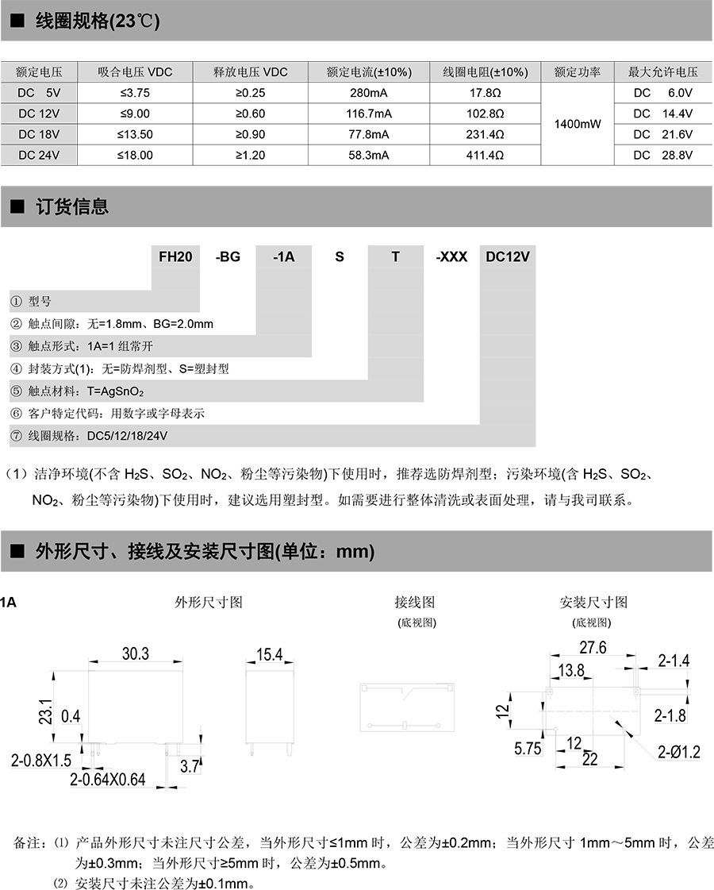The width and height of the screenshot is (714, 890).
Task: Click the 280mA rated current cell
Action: point(369,93)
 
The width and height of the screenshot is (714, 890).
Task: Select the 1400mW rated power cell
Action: point(578,124)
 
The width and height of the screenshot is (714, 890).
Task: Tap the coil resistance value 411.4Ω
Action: point(485,156)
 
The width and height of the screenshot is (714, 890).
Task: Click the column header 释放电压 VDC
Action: point(251,72)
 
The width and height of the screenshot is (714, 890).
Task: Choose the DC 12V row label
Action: point(39,114)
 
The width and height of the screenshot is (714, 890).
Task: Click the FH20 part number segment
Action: point(175,256)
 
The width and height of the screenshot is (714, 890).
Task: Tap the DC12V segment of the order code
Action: point(508,256)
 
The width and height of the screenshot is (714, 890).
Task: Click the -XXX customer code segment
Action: point(451,256)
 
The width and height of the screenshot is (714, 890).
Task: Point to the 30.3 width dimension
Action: point(136,653)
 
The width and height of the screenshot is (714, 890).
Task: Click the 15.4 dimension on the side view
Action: point(269,654)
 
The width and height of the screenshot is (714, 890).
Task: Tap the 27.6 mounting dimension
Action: point(593,648)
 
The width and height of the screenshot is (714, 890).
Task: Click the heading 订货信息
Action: point(72,207)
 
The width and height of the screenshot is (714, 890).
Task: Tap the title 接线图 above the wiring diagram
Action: point(414,603)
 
